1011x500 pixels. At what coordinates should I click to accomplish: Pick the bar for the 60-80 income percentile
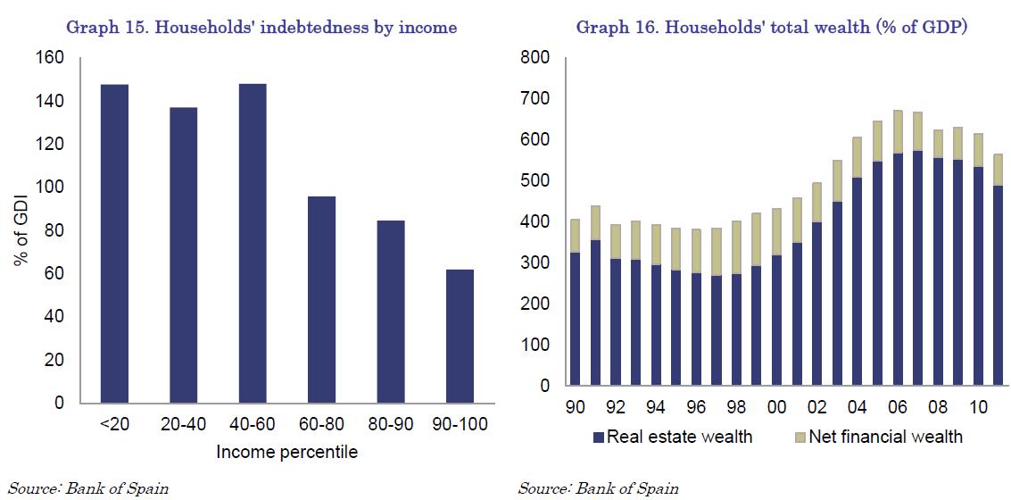tap(321, 299)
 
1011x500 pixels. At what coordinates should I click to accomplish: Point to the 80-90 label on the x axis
tap(390, 424)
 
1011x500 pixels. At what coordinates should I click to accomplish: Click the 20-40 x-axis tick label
tap(183, 424)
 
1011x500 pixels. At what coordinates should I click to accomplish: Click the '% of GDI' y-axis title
tap(20, 230)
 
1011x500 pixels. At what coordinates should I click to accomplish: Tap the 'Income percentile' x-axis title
tap(286, 452)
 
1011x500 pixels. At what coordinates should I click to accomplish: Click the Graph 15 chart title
tap(261, 28)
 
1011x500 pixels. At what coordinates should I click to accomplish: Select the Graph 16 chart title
tap(772, 28)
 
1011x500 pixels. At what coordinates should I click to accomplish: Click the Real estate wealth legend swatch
tap(598, 437)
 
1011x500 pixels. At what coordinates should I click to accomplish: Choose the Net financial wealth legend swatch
tap(799, 437)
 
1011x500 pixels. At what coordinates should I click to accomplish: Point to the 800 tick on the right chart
tap(539, 58)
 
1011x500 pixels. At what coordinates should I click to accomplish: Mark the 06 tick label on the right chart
tap(898, 407)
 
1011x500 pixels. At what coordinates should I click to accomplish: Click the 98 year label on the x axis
tap(736, 407)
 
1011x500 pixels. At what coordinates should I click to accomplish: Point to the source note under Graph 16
tap(598, 488)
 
